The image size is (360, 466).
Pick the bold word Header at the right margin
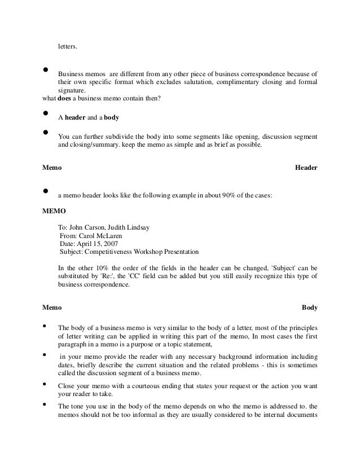tap(306, 168)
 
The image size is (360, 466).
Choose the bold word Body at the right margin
tap(310, 308)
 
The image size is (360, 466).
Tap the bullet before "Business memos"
tap(45, 71)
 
